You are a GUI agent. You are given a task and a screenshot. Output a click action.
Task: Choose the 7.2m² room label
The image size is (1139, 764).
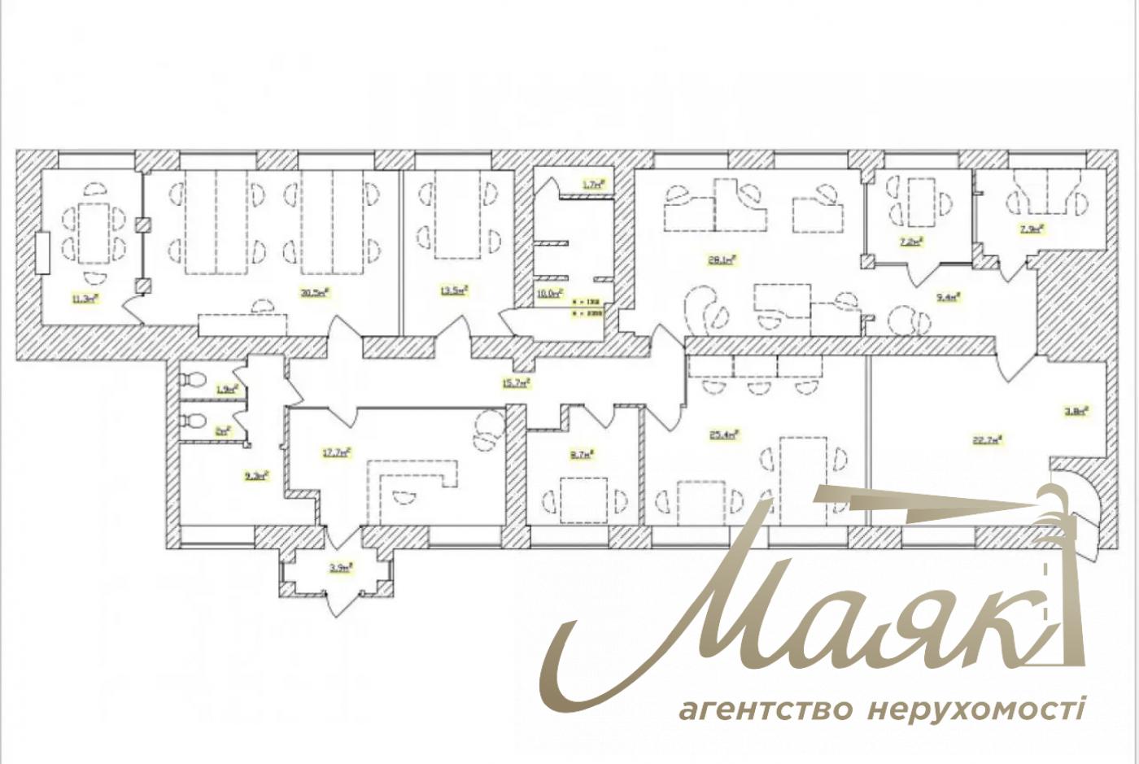910,241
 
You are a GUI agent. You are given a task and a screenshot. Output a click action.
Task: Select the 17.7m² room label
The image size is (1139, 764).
337,452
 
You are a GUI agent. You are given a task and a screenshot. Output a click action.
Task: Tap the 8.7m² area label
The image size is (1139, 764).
582,455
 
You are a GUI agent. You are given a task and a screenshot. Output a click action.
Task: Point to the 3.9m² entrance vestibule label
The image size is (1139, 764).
340,568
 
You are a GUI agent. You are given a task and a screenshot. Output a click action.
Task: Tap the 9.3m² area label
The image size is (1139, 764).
257,475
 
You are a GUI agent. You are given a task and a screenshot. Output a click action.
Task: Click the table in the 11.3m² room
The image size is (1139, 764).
94,233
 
